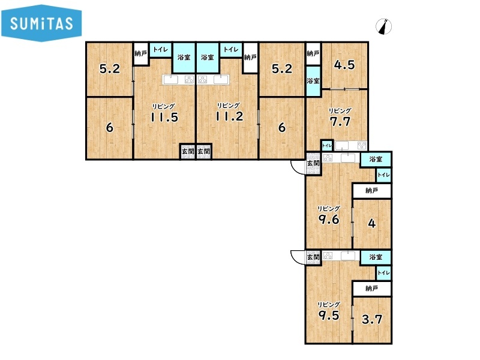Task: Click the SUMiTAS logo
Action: (41, 23)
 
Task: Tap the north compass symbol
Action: (383, 26)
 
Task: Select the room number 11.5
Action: (164, 118)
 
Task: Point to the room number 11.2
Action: (229, 116)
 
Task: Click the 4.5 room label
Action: (344, 65)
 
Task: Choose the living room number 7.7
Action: (340, 122)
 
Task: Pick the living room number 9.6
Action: (329, 219)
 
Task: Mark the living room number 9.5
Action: (329, 316)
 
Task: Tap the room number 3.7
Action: (372, 320)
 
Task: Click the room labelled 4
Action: (371, 223)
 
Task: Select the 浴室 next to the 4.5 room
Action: (313, 81)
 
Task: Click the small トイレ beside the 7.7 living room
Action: (327, 145)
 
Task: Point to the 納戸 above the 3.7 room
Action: (371, 289)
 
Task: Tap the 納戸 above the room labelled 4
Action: (371, 191)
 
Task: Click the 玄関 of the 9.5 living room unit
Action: (313, 257)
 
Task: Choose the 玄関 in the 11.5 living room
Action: (188, 152)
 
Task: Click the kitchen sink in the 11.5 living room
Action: (170, 80)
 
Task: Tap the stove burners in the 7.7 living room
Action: (362, 145)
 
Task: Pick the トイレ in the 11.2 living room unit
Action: (231, 49)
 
